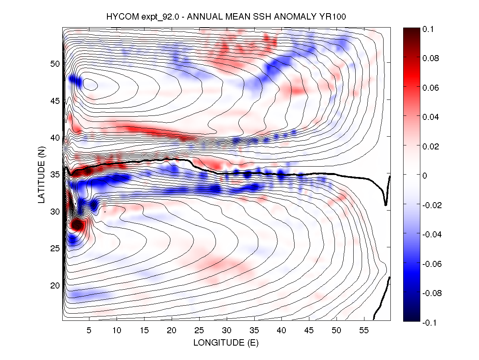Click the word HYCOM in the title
click(x=119, y=17)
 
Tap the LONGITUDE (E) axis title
click(x=226, y=343)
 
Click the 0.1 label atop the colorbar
click(x=428, y=29)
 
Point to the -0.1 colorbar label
click(x=430, y=322)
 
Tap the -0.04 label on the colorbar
click(x=431, y=235)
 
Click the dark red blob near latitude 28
click(x=76, y=226)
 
